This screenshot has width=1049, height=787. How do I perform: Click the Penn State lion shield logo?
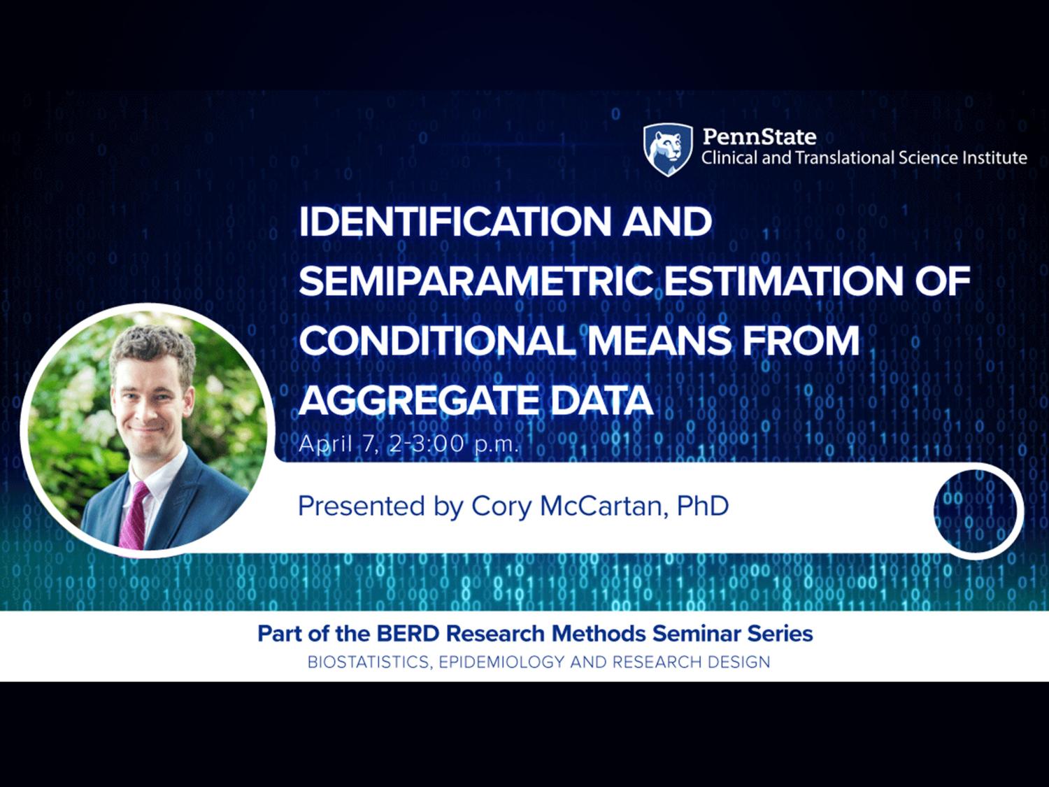668,150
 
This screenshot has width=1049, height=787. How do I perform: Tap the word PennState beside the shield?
759,137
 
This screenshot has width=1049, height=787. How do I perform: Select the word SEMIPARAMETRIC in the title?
476,281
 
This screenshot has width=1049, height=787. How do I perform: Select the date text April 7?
334,445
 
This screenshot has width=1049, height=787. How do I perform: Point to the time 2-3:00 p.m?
454,445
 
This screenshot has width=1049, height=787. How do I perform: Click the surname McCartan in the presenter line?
604,506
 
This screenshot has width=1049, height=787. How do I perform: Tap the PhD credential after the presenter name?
703,506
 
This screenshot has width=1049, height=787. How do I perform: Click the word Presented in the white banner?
362,506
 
